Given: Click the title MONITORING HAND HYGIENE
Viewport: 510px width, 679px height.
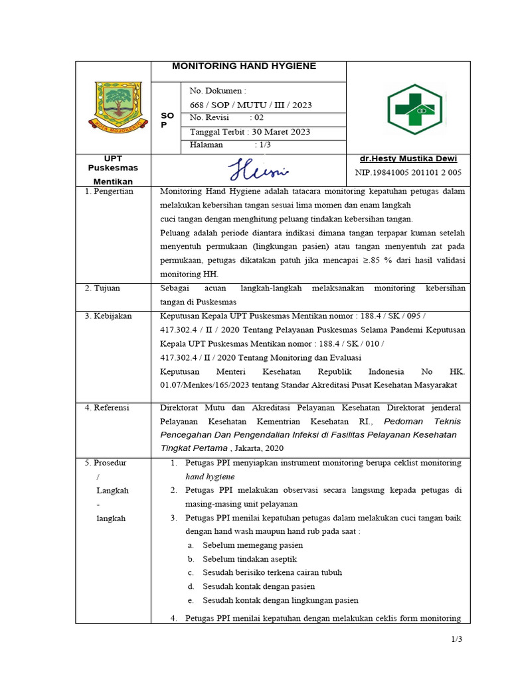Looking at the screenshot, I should tap(244, 66).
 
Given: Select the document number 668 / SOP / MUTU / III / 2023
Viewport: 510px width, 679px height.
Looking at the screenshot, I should tap(250, 105).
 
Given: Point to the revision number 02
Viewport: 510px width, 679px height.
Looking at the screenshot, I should tap(258, 118).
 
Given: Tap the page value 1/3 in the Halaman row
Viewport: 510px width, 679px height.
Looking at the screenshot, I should tap(263, 145).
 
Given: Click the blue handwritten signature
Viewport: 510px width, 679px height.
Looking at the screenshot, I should tap(258, 170).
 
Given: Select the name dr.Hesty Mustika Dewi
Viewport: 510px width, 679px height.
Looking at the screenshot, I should tap(408, 159).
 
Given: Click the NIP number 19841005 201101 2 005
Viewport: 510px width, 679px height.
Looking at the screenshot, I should tap(408, 173).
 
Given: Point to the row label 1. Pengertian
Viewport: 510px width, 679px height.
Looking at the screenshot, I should tap(110, 192).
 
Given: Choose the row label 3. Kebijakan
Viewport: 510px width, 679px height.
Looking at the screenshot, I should tap(109, 316).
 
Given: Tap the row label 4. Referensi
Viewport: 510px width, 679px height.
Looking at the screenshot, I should tap(108, 407).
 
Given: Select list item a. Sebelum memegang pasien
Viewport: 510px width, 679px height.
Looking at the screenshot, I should tap(244, 545).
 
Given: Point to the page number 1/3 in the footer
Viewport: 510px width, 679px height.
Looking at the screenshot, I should tap(456, 639).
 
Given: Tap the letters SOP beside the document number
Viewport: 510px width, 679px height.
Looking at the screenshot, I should tap(167, 120).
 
